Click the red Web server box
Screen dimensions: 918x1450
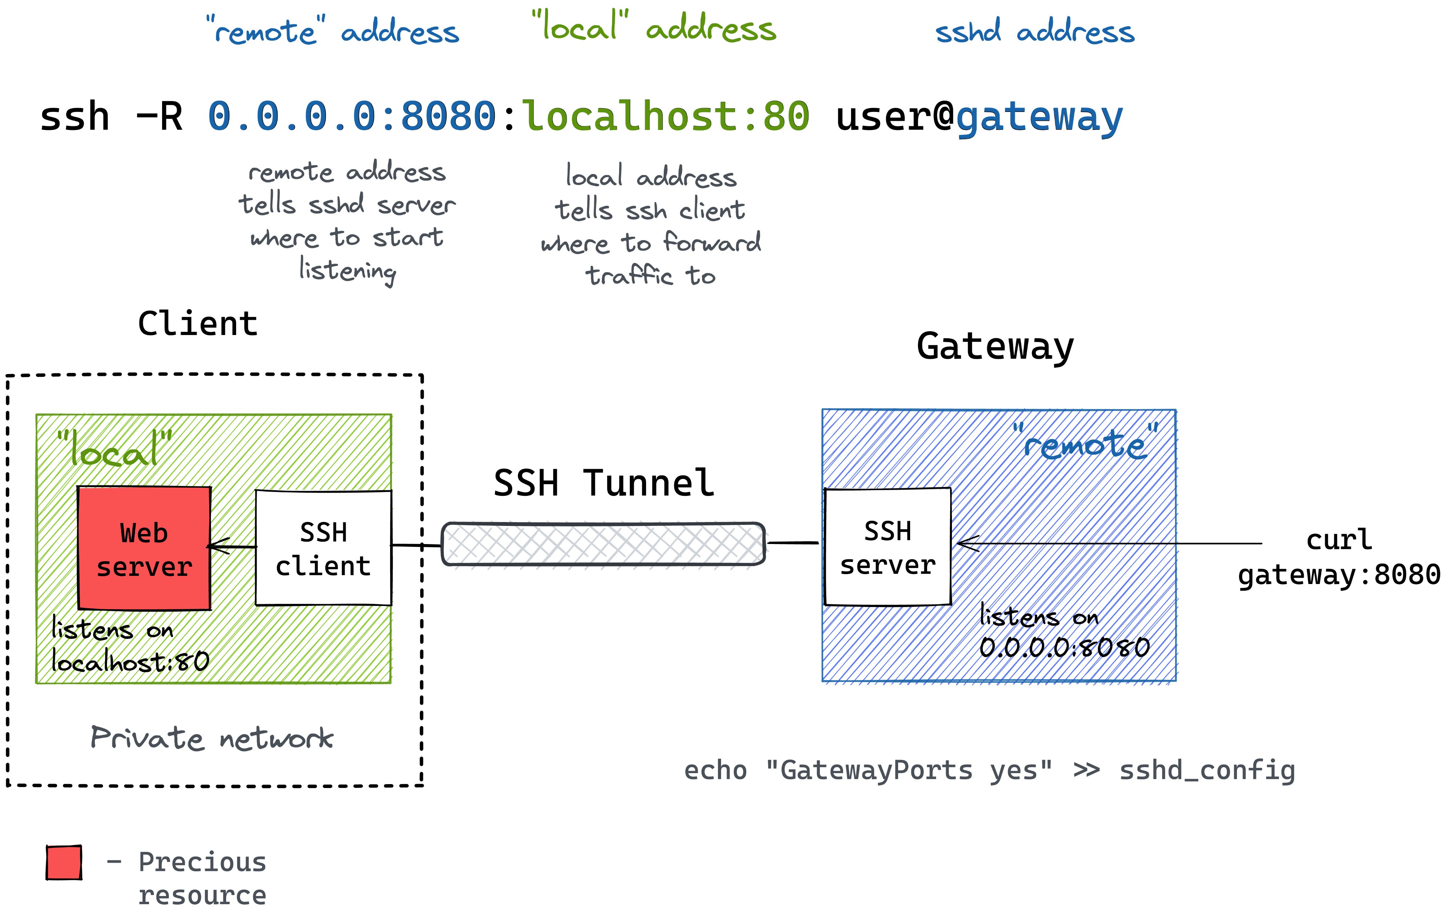point(144,548)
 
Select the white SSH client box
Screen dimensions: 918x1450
point(323,548)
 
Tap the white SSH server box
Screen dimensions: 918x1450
point(887,547)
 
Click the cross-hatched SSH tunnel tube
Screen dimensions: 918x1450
point(603,544)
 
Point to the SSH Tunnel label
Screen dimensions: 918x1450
point(603,483)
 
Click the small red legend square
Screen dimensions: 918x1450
point(64,863)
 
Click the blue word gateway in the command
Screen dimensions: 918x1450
point(1039,118)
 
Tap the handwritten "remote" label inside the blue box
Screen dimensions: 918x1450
point(1085,444)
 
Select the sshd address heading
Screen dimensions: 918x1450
point(1034,31)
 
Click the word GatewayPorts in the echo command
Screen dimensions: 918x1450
point(876,770)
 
